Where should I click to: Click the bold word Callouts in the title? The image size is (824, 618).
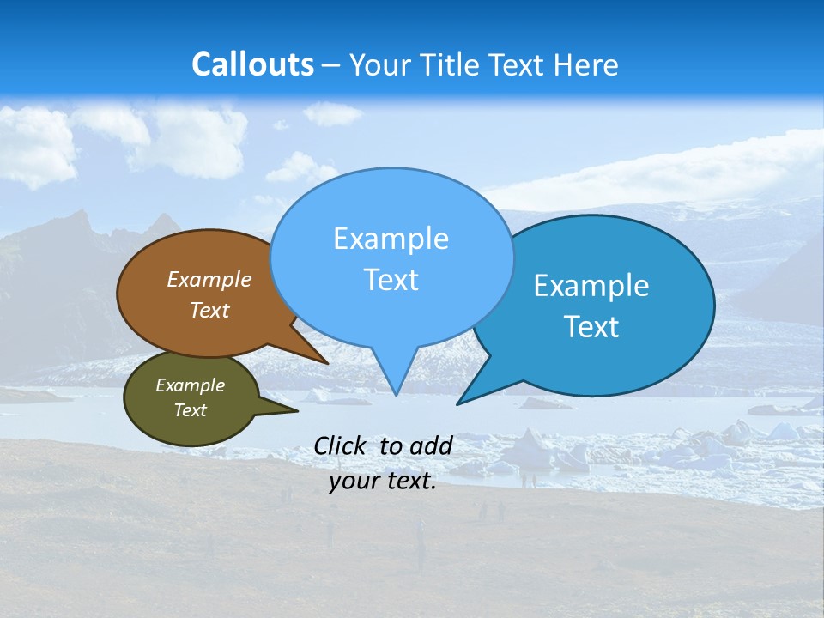[x=252, y=65]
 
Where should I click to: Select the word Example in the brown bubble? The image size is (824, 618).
[x=209, y=280]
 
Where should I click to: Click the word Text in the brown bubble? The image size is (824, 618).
[x=209, y=310]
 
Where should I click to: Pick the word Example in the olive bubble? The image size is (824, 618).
[x=190, y=385]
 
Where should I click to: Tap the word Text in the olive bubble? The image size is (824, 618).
[x=190, y=410]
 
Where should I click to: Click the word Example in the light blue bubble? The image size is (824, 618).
[x=391, y=239]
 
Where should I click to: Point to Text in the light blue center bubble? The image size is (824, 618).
[x=391, y=280]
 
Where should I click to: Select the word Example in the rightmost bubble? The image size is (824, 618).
[x=591, y=286]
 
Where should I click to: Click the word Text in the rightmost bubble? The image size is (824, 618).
[x=591, y=327]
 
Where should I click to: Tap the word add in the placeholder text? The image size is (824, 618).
[x=430, y=445]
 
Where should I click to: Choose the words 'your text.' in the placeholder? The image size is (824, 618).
[x=383, y=481]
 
